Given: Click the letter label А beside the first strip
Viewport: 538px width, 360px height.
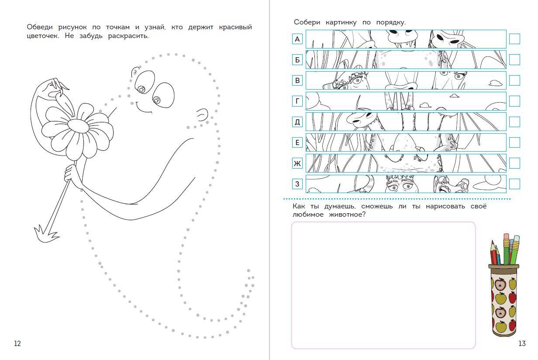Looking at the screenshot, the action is tap(297, 39).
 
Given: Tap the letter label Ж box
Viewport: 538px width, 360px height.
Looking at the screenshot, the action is tap(297, 163).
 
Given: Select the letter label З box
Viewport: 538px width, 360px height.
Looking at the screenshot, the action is tap(297, 184).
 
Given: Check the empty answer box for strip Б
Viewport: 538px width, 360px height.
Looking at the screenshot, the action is tap(514, 59).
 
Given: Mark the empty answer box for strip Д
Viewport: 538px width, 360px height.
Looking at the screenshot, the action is tap(514, 122).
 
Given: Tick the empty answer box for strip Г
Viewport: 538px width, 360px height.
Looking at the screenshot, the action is tap(514, 101).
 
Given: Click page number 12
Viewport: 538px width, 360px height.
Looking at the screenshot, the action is tap(17, 343).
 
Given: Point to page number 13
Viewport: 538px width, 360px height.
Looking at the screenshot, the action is tap(522, 343).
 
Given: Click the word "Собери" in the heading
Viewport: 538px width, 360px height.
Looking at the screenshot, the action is tap(307, 22).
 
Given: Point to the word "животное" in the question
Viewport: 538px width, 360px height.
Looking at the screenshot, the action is tap(347, 215).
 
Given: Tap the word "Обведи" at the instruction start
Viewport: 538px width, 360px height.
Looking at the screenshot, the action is tap(40, 27).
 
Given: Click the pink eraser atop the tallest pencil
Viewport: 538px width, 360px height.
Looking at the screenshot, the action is tap(506, 236).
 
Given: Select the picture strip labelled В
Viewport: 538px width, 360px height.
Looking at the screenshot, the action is tap(406, 80).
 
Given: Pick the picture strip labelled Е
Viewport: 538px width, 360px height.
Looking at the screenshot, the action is tap(406, 142).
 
